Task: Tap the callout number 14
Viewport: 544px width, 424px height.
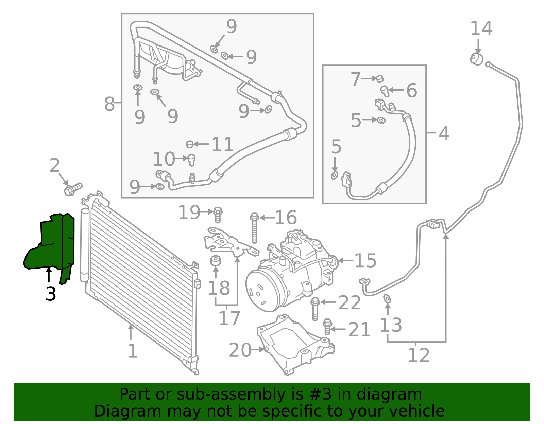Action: click(x=481, y=29)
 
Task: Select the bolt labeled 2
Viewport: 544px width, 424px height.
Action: click(x=73, y=189)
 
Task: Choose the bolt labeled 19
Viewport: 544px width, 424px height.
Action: click(x=218, y=215)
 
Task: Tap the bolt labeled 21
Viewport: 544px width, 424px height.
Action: click(x=327, y=326)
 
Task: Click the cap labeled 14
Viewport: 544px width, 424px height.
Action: click(x=477, y=59)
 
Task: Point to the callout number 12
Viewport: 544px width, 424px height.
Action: click(x=419, y=355)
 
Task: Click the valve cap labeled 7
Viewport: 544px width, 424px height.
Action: click(x=380, y=79)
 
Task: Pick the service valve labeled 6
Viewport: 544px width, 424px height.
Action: click(x=385, y=91)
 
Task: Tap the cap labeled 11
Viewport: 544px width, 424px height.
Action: click(x=190, y=144)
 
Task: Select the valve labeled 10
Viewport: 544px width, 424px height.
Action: click(x=191, y=160)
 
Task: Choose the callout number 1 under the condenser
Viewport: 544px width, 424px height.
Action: click(x=133, y=351)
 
